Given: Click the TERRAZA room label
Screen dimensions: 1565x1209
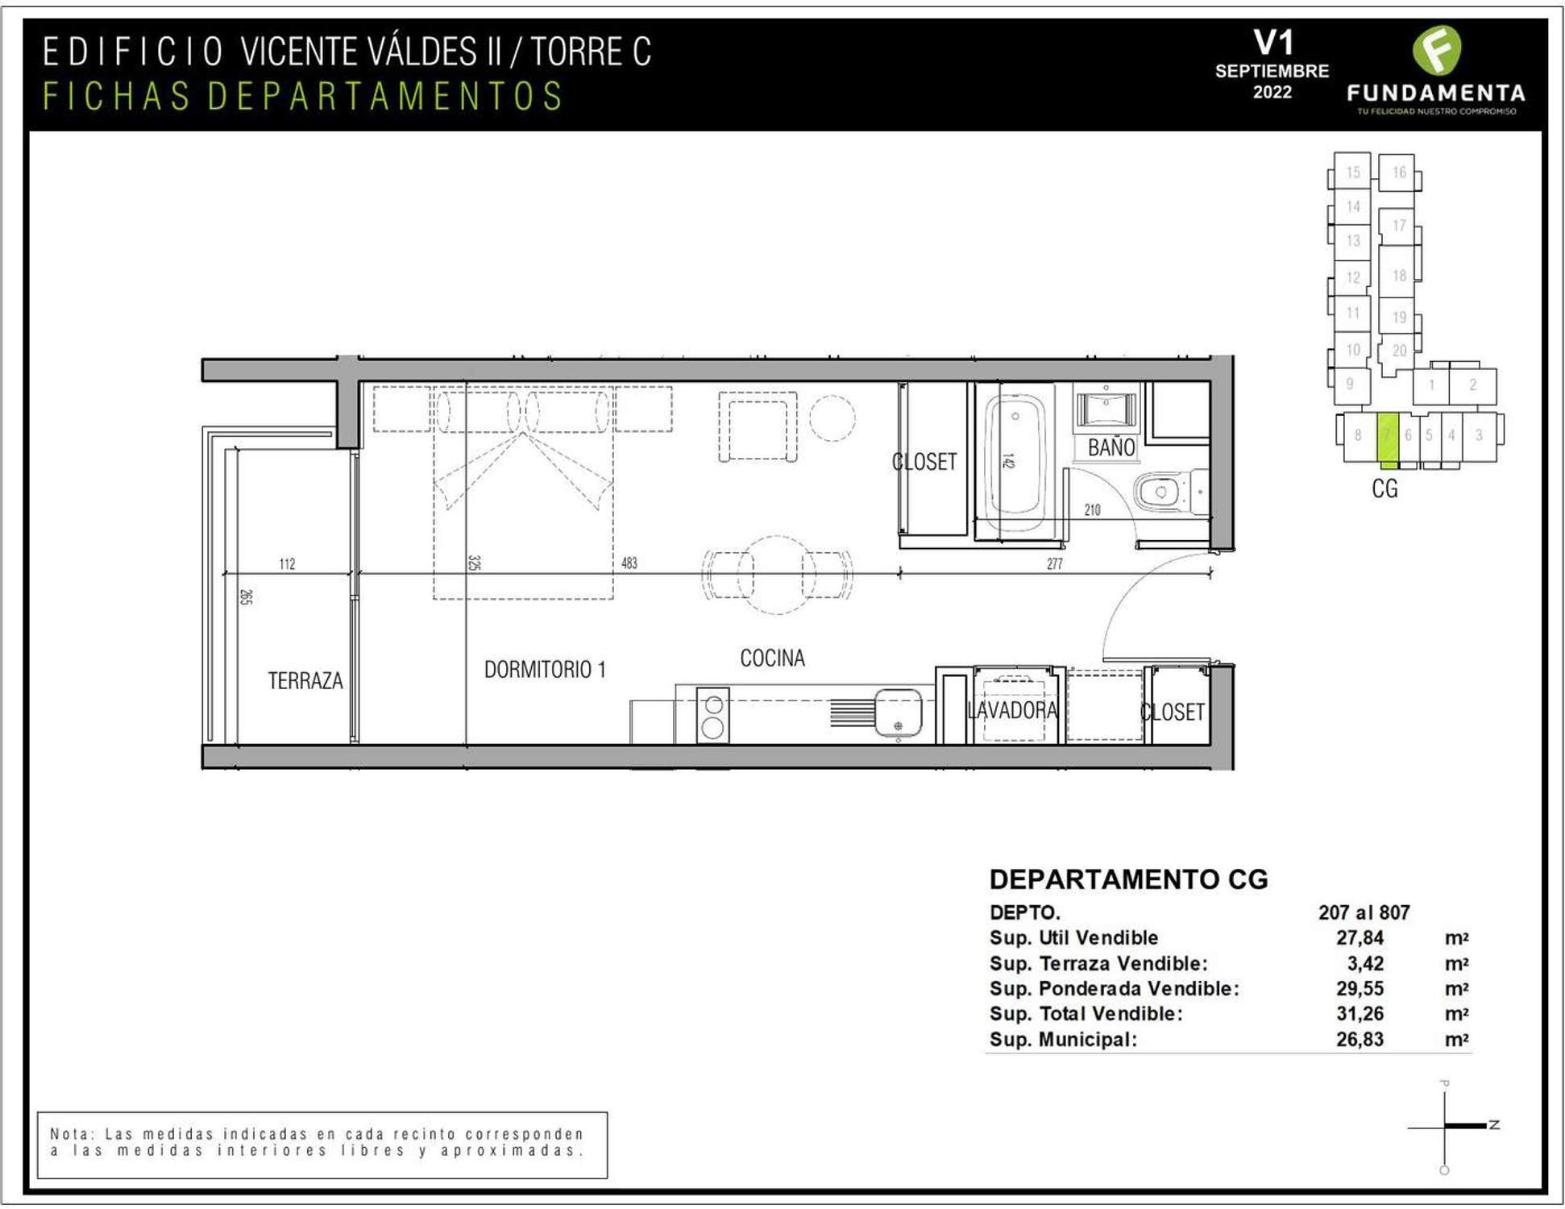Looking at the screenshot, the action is point(305,681).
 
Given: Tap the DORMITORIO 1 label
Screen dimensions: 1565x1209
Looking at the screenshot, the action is point(545,669).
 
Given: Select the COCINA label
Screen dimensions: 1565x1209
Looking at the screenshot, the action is point(772,658).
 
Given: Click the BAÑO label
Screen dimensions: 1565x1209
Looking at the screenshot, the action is point(1111,447).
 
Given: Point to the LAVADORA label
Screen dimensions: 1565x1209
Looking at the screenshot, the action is point(1013,710).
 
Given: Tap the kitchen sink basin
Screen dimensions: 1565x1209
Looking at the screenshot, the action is point(899,712).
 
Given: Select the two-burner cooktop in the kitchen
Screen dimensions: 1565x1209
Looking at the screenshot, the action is point(712,715).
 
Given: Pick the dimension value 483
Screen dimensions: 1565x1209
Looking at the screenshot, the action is point(629,563).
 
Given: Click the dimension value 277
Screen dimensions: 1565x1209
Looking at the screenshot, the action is point(1055,564).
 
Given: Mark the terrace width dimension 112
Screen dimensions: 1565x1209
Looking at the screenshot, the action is point(287,563).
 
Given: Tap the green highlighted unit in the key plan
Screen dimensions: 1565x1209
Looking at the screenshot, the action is point(1387,439).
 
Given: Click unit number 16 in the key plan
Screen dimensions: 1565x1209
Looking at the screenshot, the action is point(1399,172).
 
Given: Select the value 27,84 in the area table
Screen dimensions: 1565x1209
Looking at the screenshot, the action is point(1360,937).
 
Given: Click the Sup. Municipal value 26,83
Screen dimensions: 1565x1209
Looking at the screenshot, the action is point(1360,1039).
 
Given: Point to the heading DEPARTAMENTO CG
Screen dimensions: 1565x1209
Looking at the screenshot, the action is point(1128,879).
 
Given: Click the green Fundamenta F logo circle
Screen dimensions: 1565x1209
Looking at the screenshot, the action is point(1437,50).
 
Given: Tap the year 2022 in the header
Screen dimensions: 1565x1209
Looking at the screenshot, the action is point(1272,92).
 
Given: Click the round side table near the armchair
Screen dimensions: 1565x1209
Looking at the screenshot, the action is point(832,418).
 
